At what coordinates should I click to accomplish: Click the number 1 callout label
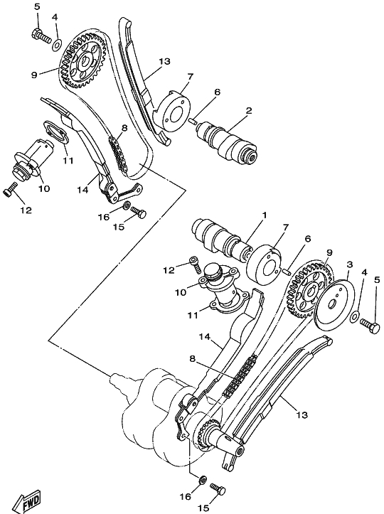click(x=264, y=215)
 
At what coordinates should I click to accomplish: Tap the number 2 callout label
click(x=249, y=110)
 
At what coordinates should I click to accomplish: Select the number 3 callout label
click(x=350, y=264)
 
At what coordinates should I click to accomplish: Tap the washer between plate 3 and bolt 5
click(x=354, y=316)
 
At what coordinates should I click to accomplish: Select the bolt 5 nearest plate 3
click(x=370, y=326)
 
